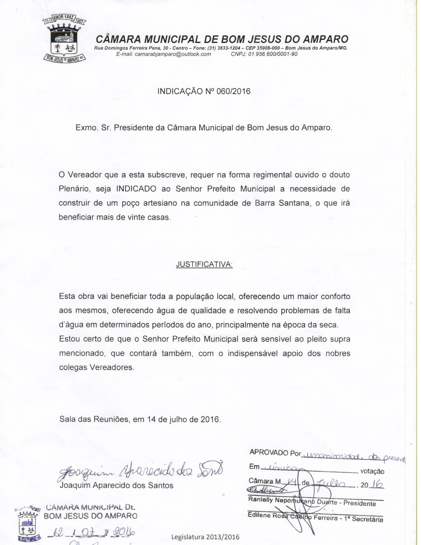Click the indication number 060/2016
pos(230,91)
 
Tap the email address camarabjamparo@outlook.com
pos(164,54)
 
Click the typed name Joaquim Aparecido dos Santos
pos(116,486)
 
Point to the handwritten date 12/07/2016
pos(91,532)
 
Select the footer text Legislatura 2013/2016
pos(205,537)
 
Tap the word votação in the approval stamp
pos(372,472)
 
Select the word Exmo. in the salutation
pos(86,128)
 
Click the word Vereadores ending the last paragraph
pos(112,368)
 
